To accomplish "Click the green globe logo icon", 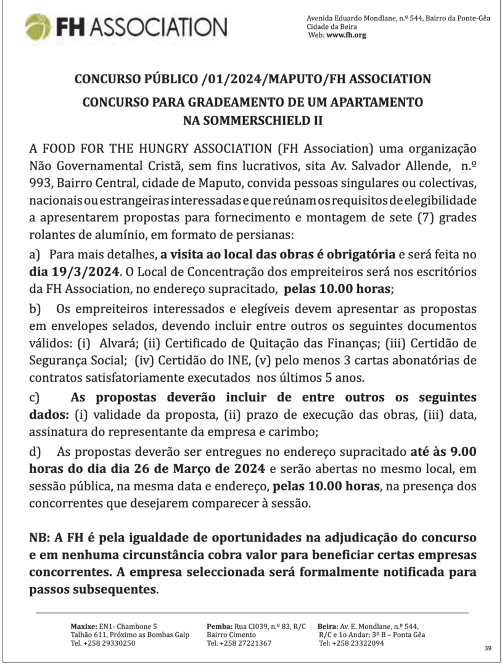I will click(38, 27).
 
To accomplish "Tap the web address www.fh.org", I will click(346, 35).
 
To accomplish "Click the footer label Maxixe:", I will click(84, 626).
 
